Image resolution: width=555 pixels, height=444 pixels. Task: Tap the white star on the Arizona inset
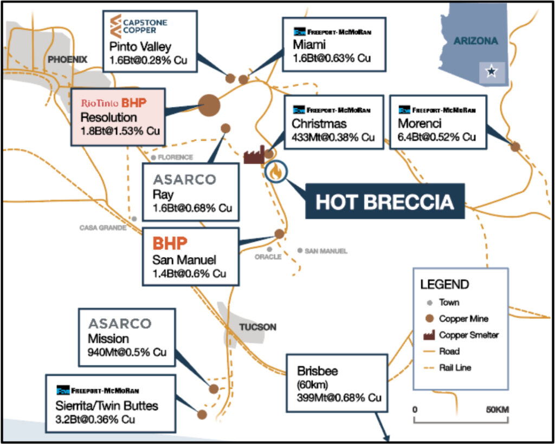(x=491, y=71)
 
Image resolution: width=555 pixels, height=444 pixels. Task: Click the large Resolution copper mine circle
(x=209, y=105)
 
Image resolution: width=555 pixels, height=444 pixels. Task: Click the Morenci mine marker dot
(x=515, y=146)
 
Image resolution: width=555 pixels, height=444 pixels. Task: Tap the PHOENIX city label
(x=67, y=60)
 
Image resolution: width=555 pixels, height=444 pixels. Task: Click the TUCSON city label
(x=258, y=327)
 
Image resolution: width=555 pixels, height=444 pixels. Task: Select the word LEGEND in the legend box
(x=444, y=284)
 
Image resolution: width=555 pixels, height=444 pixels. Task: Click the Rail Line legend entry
(x=455, y=368)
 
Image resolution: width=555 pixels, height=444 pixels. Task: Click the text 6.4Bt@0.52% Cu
(x=437, y=138)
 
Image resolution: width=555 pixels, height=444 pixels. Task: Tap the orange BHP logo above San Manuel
(x=170, y=243)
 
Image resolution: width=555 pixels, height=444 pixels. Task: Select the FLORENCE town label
(x=175, y=158)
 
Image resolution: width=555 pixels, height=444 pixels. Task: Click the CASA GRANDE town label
(x=103, y=228)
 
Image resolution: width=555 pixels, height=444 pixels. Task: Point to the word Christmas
(x=319, y=124)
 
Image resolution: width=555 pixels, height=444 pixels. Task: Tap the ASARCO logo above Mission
(x=120, y=324)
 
